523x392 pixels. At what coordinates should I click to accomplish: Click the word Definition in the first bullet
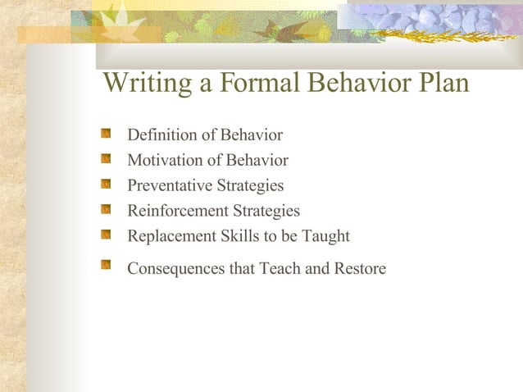[161, 135]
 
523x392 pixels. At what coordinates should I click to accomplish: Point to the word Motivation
[162, 161]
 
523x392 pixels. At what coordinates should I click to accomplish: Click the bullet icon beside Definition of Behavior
[106, 133]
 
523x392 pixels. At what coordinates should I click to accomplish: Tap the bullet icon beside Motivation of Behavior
[106, 158]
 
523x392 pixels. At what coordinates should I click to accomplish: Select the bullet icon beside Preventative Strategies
[106, 184]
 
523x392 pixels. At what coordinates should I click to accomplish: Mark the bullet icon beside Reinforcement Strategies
[106, 209]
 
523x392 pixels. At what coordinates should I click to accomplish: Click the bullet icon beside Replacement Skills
[106, 235]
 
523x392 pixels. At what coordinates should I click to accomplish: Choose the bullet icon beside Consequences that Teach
[106, 265]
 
